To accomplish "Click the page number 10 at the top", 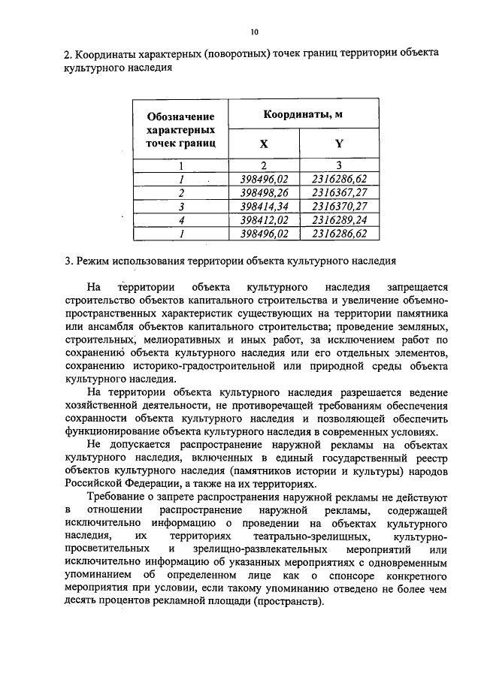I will [254, 32].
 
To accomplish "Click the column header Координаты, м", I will [298, 114].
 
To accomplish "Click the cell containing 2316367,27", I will [338, 192].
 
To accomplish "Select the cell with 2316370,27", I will [338, 206].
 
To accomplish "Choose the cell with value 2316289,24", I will [338, 219].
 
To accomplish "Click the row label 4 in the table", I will [181, 219].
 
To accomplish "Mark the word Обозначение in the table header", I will [181, 116].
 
